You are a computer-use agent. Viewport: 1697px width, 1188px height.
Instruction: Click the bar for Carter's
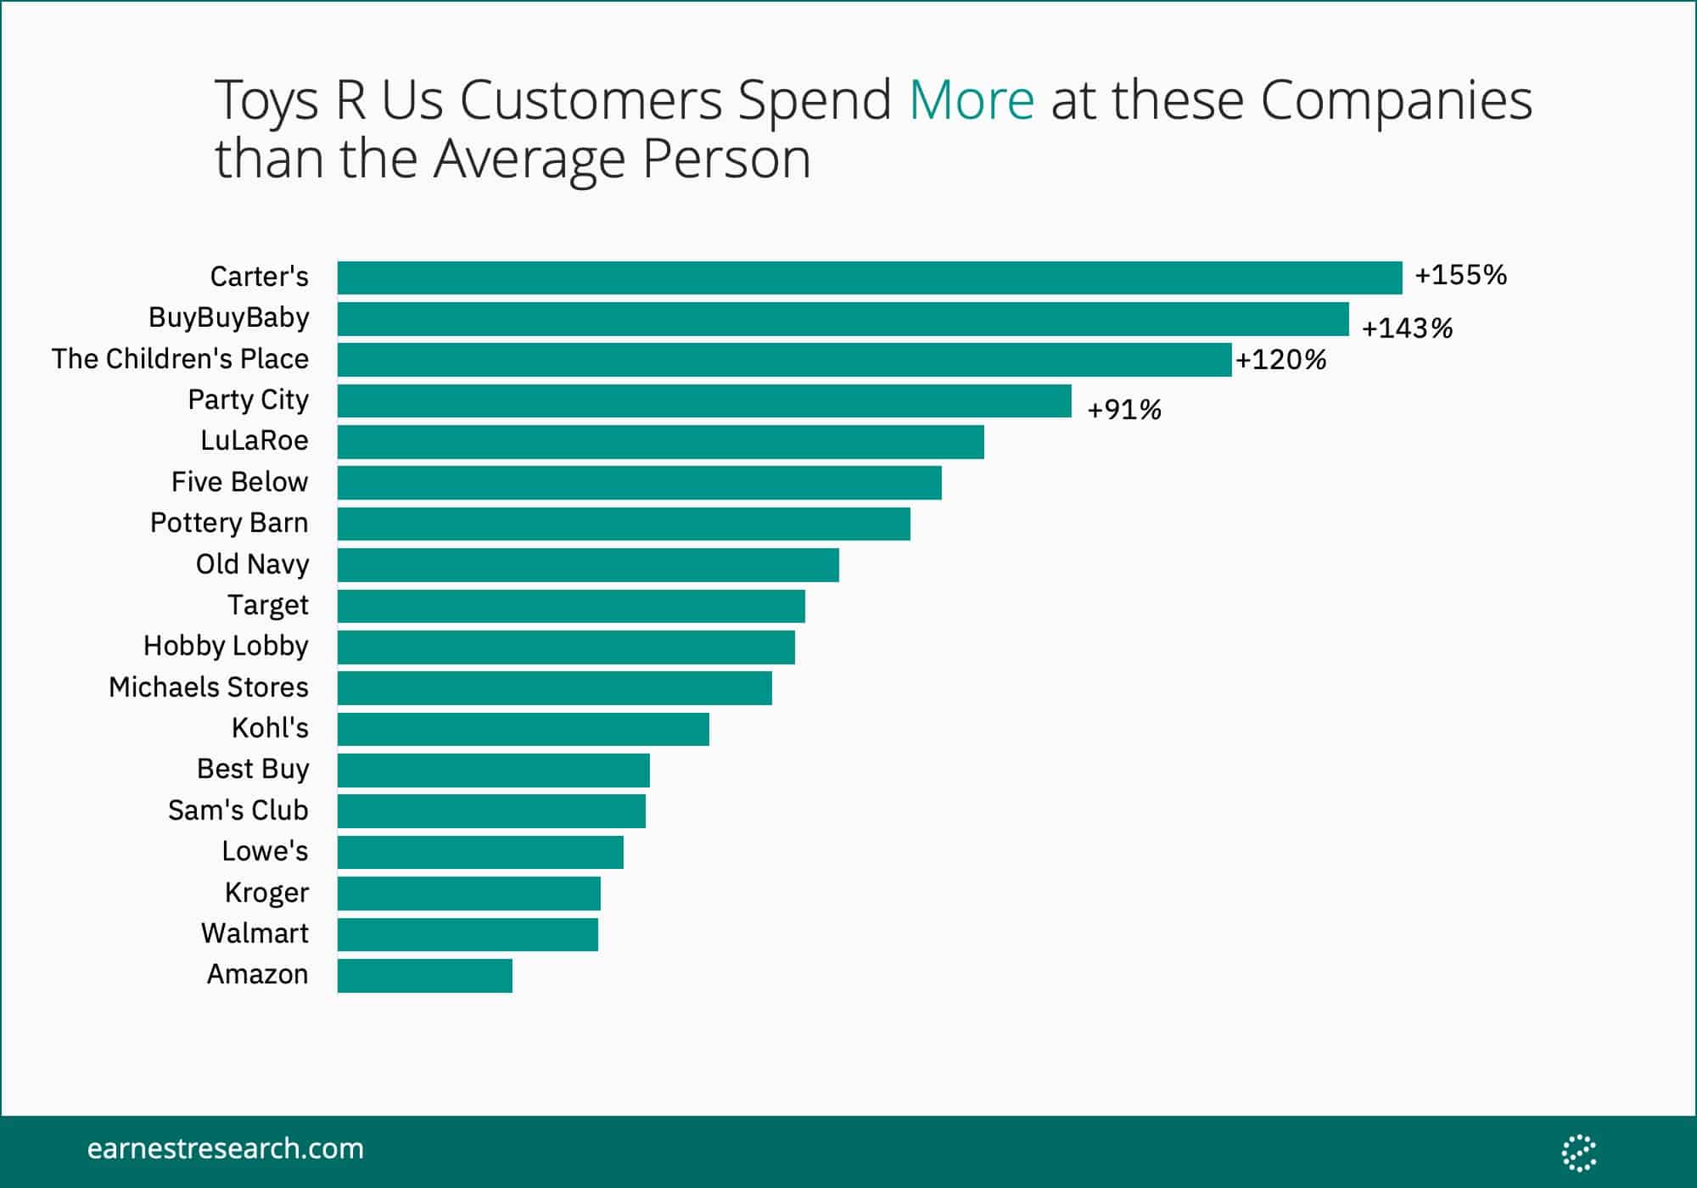tap(870, 277)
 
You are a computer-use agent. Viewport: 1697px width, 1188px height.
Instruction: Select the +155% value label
tap(1460, 275)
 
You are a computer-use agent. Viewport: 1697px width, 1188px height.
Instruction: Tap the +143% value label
tap(1407, 328)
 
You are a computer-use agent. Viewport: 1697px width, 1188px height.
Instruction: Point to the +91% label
tap(1123, 410)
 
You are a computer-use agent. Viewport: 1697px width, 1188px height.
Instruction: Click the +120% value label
tap(1280, 360)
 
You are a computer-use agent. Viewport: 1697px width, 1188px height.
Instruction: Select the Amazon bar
tap(425, 976)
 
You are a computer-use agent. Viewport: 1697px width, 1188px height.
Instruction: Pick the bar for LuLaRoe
tap(660, 442)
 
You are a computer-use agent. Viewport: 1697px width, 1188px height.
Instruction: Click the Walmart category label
tap(255, 933)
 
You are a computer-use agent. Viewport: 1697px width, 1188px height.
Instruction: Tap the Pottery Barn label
tap(229, 523)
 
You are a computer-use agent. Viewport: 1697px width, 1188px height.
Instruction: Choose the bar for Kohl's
tap(523, 729)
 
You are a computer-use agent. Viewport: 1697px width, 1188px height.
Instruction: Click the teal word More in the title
tap(972, 100)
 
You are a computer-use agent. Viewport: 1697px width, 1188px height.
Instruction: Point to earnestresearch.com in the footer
tap(225, 1149)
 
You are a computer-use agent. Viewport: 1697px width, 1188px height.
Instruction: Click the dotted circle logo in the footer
tap(1579, 1152)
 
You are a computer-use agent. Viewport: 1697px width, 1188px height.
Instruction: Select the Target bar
tap(571, 606)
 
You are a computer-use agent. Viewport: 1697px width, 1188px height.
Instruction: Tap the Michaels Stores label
tap(209, 687)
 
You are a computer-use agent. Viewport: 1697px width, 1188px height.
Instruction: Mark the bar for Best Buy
tap(493, 770)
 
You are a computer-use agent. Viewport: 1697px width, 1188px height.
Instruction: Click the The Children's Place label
tap(180, 359)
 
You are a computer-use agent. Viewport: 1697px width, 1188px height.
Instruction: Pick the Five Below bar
tap(639, 483)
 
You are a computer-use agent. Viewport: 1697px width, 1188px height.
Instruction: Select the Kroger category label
tap(266, 893)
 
